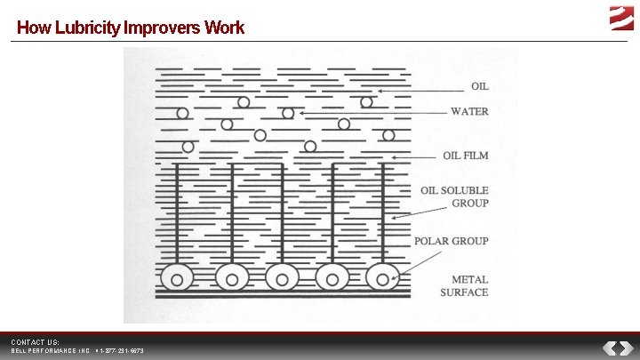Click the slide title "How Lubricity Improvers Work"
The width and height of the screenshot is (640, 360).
point(130,28)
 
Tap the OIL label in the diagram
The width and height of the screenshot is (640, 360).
point(479,86)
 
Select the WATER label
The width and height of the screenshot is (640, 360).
point(469,112)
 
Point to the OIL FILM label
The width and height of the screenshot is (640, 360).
point(466,156)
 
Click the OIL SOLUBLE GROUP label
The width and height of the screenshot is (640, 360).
point(454,196)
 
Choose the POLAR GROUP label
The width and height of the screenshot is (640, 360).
point(452,241)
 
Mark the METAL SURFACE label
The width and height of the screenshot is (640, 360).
point(465,286)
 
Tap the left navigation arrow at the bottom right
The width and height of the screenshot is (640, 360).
point(611,348)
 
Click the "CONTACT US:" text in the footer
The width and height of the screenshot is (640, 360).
point(35,341)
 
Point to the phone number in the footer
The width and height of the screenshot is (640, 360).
point(122,351)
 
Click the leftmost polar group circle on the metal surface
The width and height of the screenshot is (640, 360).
point(178,279)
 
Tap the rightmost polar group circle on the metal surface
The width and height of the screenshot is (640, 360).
point(383,279)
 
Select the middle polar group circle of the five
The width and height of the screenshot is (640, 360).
point(282,279)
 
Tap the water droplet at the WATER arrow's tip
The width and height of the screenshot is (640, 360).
point(288,114)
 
